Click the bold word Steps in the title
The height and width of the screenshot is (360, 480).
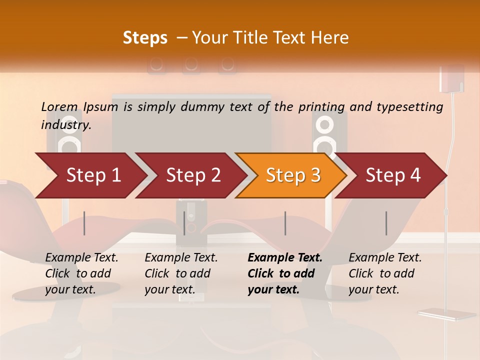point(145,38)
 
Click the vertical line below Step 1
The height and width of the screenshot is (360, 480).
point(84,223)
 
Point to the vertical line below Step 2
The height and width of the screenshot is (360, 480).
point(184,223)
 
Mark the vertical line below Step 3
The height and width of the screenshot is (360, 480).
point(285,223)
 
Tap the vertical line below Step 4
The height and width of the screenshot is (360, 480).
point(386,223)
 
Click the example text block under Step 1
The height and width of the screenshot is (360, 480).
point(81,273)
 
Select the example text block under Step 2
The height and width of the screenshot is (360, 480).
point(181,273)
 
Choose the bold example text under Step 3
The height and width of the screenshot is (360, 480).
point(285,273)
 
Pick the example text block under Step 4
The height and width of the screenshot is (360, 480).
point(385,273)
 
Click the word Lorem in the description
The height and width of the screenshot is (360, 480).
point(59,107)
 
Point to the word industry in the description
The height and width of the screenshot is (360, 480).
point(65,125)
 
